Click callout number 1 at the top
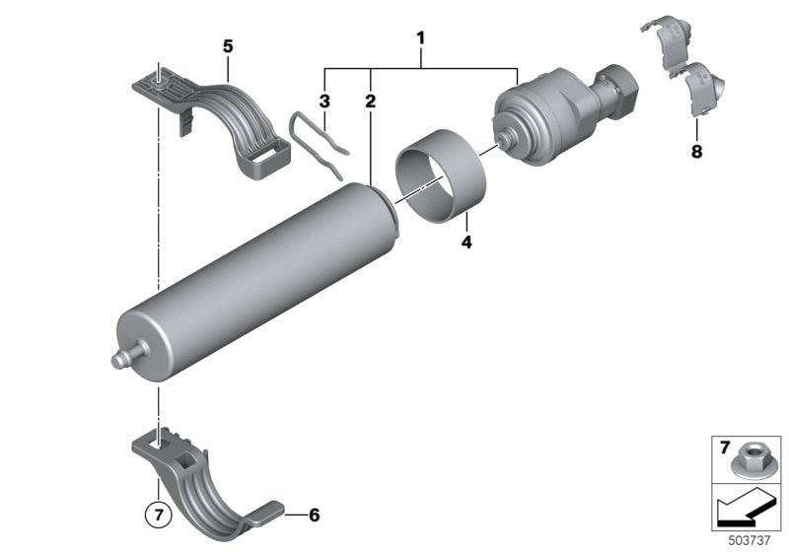click(x=421, y=39)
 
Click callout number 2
click(x=371, y=101)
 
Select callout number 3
click(x=323, y=101)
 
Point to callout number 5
click(x=228, y=45)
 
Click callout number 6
click(x=314, y=516)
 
